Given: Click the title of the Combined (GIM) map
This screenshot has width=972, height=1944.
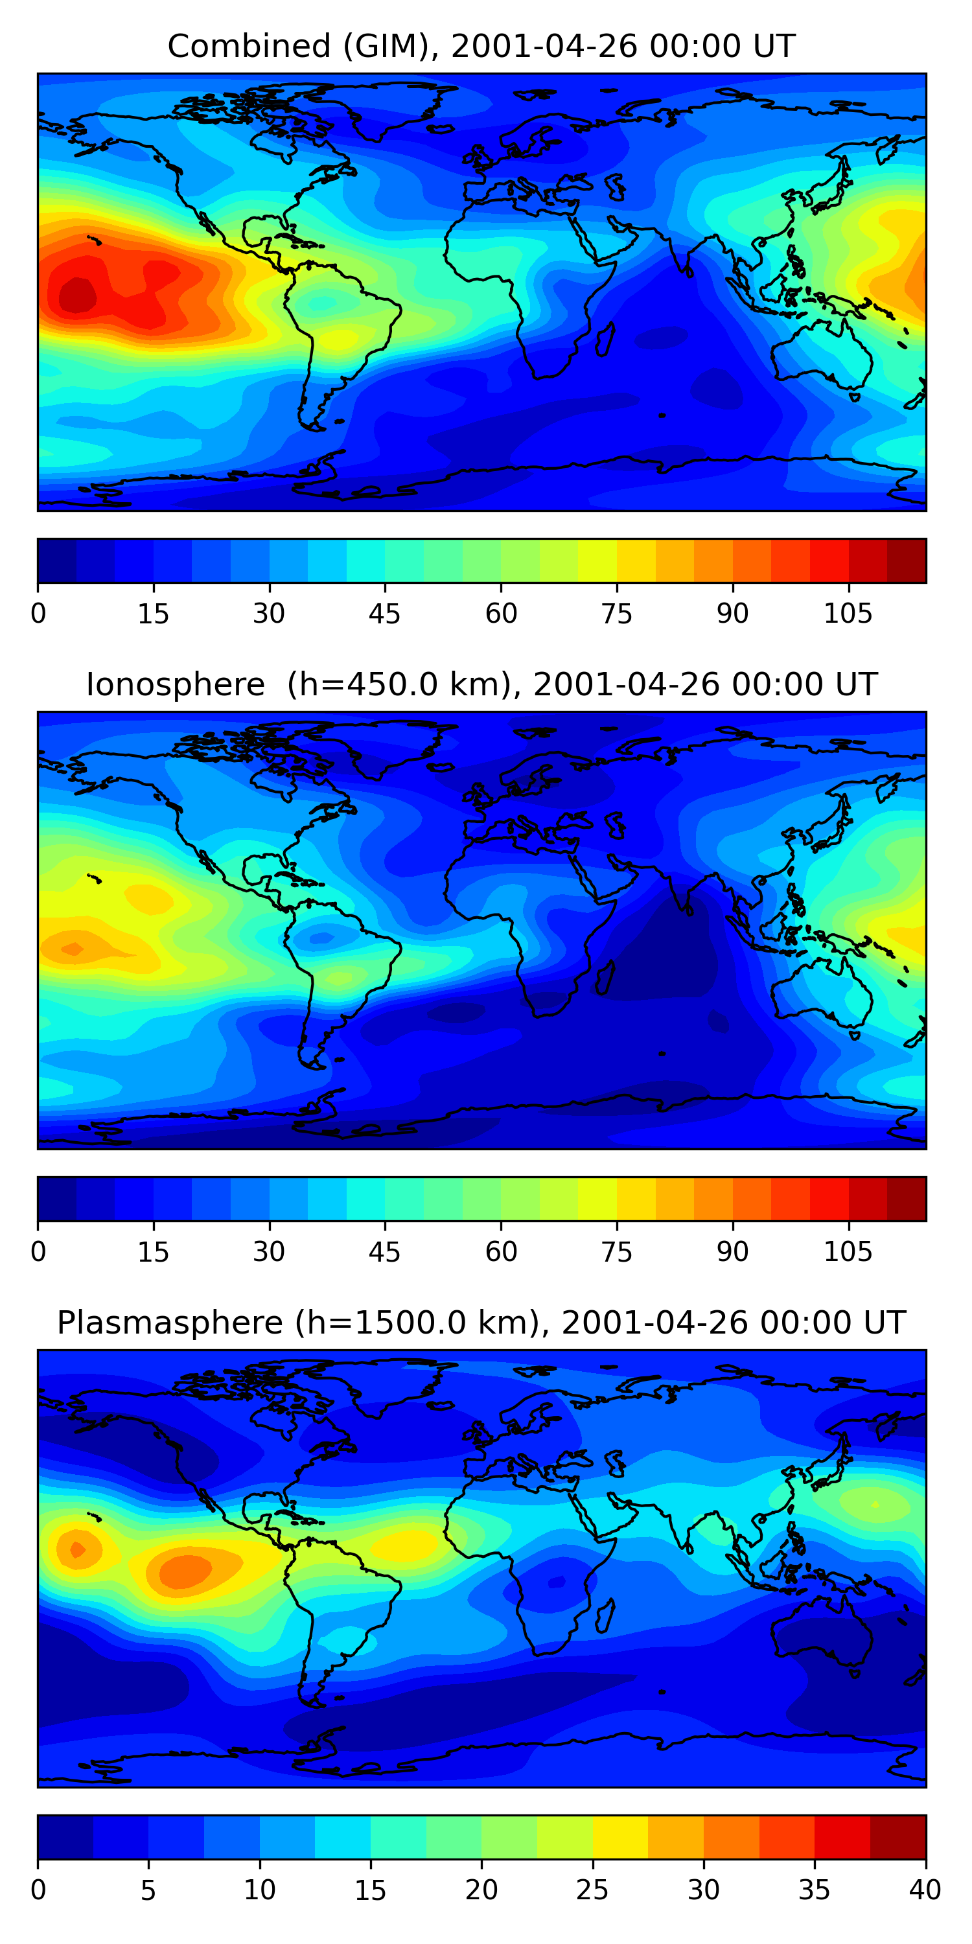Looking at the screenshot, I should (481, 46).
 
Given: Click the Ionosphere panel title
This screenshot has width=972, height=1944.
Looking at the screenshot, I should (481, 684).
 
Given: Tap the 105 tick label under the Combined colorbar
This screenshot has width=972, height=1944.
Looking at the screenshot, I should (848, 614).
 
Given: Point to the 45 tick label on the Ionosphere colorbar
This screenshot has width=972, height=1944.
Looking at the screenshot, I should (384, 1252).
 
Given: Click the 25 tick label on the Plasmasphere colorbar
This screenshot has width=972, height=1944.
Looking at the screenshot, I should (592, 1890).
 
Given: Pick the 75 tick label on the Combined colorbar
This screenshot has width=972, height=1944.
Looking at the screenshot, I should (616, 614).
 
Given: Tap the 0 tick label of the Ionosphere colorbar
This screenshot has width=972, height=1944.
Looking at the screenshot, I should (38, 1252).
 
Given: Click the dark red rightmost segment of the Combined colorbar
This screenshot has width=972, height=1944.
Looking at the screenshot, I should (906, 561).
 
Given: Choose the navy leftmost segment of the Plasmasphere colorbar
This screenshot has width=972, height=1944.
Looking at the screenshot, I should (65, 1838).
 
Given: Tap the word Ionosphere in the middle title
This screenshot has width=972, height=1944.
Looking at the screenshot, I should (175, 684).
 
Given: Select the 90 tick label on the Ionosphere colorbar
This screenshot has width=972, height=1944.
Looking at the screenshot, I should (732, 1252).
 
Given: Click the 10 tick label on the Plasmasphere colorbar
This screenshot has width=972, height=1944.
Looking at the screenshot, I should (259, 1890).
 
